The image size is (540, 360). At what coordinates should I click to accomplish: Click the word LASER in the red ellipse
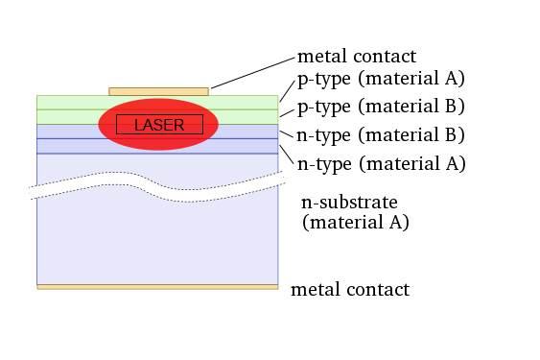tap(159, 125)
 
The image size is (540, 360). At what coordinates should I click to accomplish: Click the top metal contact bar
tap(158, 91)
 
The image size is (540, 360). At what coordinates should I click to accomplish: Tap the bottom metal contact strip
tap(157, 286)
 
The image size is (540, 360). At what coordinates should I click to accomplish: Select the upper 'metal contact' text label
tap(357, 58)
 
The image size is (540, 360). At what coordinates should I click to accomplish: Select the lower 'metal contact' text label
tap(349, 290)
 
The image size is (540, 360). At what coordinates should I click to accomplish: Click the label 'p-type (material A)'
tap(381, 79)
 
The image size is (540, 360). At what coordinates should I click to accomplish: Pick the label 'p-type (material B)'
tap(381, 106)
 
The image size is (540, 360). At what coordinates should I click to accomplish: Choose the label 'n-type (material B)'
tap(381, 134)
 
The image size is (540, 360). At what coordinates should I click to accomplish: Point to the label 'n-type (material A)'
tap(381, 164)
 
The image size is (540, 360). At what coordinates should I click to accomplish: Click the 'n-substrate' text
tap(349, 202)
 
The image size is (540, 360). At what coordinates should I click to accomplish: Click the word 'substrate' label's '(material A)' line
tap(356, 223)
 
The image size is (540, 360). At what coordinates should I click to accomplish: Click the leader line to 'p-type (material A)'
tap(286, 89)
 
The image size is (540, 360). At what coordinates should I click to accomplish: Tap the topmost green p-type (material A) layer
tap(67, 102)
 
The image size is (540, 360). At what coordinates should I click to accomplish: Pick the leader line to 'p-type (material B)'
tap(286, 110)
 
